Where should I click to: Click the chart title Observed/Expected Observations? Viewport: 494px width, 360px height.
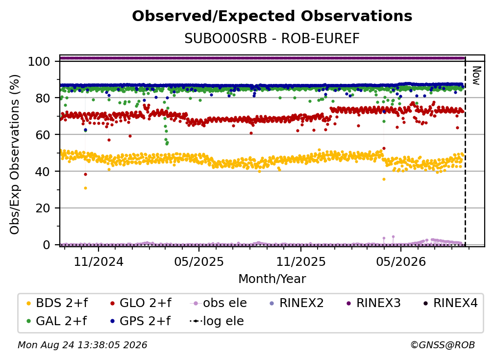pos(272,16)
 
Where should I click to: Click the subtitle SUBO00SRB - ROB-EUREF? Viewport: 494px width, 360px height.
pos(272,38)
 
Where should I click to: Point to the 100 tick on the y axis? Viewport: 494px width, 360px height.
pos(39,61)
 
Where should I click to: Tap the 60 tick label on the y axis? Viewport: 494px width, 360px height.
pos(43,134)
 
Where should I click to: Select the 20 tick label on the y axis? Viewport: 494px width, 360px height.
pos(43,208)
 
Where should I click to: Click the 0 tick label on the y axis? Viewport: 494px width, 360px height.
pos(47,245)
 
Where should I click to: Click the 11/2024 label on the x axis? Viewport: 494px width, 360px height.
pos(99,261)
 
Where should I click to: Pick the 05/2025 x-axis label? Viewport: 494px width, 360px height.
pos(199,261)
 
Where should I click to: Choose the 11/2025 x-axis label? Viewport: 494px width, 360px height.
pos(301,261)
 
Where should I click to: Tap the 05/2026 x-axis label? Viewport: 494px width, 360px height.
pos(401,261)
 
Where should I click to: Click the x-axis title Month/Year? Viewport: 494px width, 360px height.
pos(272,279)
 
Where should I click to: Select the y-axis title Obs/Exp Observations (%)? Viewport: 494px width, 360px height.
pos(15,154)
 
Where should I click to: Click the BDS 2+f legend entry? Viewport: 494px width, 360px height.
pos(57,303)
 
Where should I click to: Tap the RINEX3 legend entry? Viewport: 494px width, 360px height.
pos(373,303)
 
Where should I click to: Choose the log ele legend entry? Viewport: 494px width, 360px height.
pos(217,321)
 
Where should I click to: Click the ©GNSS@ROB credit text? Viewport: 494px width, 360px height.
pos(443,345)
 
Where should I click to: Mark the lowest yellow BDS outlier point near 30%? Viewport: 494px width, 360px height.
pos(85,188)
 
